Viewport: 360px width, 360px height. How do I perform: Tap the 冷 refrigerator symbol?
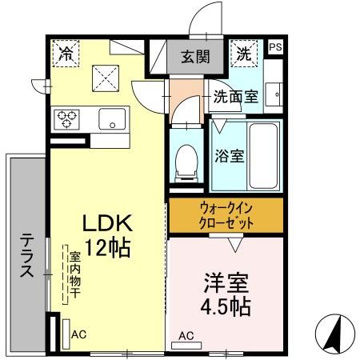coord(66,54)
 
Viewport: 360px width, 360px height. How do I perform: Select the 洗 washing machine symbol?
coord(244,54)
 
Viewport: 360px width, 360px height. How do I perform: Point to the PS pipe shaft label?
coord(275,47)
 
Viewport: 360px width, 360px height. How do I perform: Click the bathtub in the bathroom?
coord(262,154)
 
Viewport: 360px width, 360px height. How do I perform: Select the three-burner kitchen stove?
coord(66,119)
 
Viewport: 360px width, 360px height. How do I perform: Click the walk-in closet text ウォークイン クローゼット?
coord(226,214)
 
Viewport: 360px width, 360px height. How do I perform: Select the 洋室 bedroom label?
coord(226,284)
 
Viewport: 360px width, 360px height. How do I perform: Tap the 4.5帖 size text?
coord(226,307)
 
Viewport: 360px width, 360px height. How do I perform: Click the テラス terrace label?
coord(26,254)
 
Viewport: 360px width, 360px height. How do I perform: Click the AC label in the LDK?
coord(78,335)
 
